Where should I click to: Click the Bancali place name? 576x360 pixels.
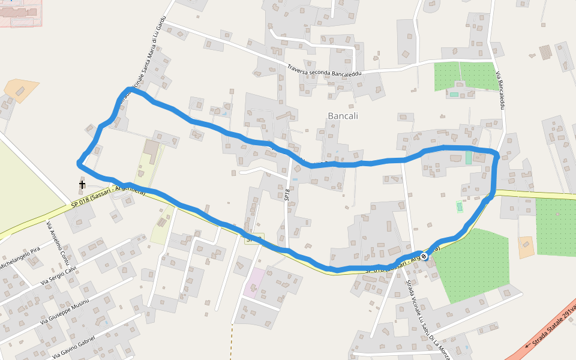point(343,116)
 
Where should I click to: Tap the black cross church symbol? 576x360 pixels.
point(82,184)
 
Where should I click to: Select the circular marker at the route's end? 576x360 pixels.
point(424,257)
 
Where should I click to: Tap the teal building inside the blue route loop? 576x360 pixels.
point(469,158)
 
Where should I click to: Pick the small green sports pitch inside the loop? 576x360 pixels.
point(460,206)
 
